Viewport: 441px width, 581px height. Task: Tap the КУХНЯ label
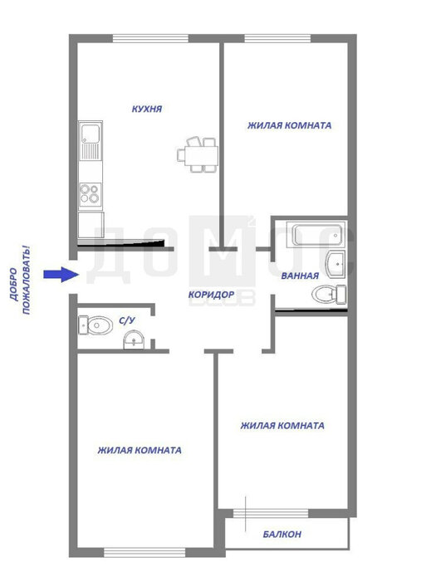tap(147, 109)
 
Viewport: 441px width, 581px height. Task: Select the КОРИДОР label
tap(211, 295)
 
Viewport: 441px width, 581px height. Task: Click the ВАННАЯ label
tap(300, 276)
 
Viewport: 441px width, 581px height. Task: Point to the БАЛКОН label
tap(282, 534)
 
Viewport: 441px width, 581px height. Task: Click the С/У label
tap(127, 320)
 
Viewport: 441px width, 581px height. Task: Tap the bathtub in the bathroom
tap(316, 235)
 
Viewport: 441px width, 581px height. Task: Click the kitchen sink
tap(91, 140)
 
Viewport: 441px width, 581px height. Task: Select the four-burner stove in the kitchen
tap(91, 194)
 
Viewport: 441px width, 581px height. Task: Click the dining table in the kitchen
tap(198, 154)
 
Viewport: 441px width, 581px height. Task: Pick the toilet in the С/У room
tap(96, 325)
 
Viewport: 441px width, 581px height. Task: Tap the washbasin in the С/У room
tap(134, 339)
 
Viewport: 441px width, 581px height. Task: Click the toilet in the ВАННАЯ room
tap(329, 295)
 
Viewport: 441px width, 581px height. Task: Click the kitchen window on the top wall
tap(150, 38)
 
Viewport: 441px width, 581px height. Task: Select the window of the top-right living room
tap(277, 38)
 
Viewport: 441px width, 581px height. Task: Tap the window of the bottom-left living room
tap(145, 552)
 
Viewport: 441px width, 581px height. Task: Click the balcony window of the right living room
tap(271, 513)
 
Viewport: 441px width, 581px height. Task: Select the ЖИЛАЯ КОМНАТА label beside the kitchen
tap(289, 125)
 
